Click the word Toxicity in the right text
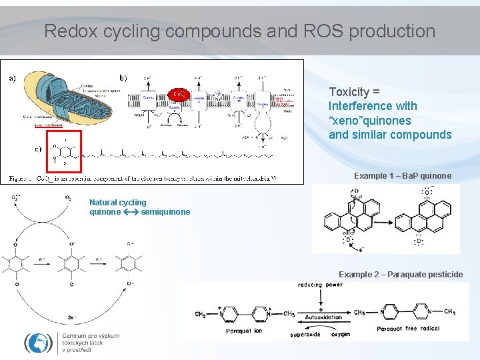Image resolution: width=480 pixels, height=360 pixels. (350, 92)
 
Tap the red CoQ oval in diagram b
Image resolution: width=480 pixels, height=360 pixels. (178, 94)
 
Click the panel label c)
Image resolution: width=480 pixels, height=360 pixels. (38, 149)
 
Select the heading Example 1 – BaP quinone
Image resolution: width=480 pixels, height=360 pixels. (402, 176)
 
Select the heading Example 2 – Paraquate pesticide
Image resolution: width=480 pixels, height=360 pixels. (401, 275)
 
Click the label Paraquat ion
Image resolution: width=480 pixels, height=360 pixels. (243, 331)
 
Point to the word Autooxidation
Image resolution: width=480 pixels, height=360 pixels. (323, 317)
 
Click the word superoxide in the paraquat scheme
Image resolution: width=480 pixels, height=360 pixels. (306, 334)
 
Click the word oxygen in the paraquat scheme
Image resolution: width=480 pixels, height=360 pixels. (339, 334)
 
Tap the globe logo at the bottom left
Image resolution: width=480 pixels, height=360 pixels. (38, 342)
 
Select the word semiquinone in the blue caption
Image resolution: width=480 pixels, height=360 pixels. (165, 212)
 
